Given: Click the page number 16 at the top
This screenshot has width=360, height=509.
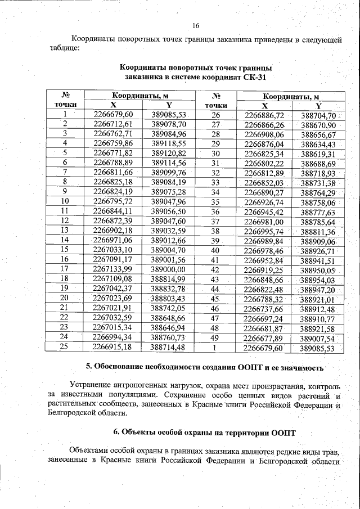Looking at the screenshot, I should (196, 26).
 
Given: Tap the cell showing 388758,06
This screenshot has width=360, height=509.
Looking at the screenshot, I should (318, 202).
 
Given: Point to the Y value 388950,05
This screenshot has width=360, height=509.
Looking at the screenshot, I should (318, 270).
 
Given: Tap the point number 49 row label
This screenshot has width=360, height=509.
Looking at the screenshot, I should (215, 338).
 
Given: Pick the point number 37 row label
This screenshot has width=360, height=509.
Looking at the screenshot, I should (215, 222).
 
